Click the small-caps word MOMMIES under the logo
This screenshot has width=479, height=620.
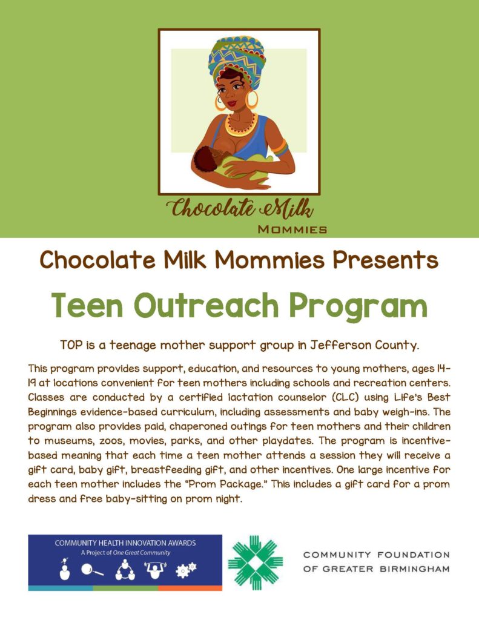point(292,229)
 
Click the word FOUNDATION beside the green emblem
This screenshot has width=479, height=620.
point(418,555)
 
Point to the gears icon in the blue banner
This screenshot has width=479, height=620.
point(185,571)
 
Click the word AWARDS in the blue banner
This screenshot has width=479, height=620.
point(182,543)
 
